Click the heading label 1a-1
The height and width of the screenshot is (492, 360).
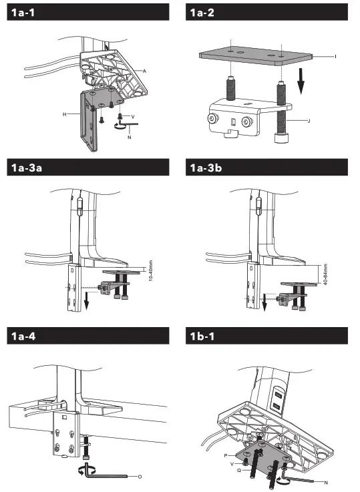pos(24,13)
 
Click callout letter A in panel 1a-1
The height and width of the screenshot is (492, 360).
pos(144,69)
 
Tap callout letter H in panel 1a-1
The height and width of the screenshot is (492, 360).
pos(65,114)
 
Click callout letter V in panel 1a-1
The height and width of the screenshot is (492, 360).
pos(133,115)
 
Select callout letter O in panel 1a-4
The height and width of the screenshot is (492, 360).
pos(139,477)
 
